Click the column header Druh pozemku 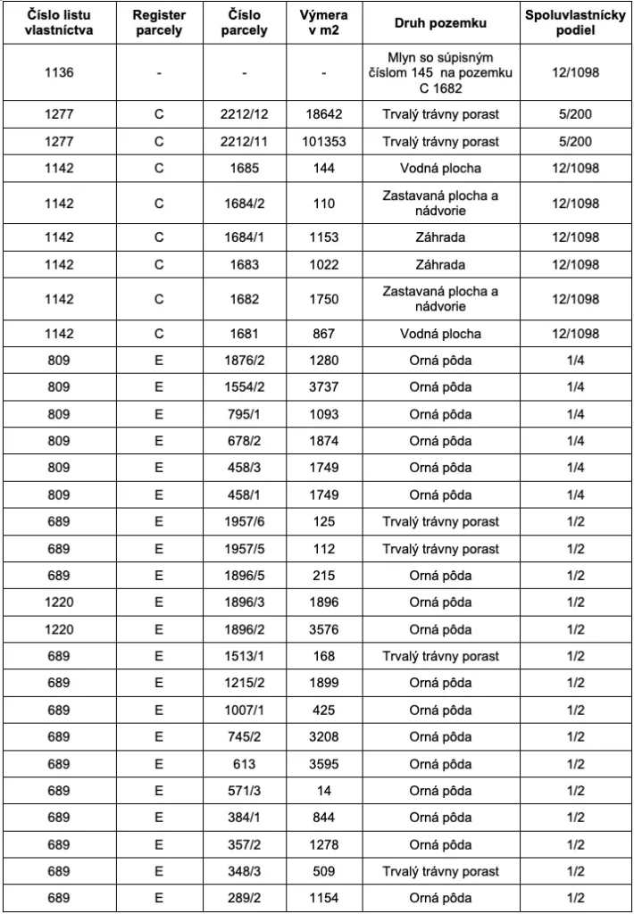439,24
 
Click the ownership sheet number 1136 59,73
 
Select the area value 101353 324,142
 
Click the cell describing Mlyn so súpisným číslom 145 439,73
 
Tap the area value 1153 324,237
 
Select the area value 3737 324,387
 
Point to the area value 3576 324,629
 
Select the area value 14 324,791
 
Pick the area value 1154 324,898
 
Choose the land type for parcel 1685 439,169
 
